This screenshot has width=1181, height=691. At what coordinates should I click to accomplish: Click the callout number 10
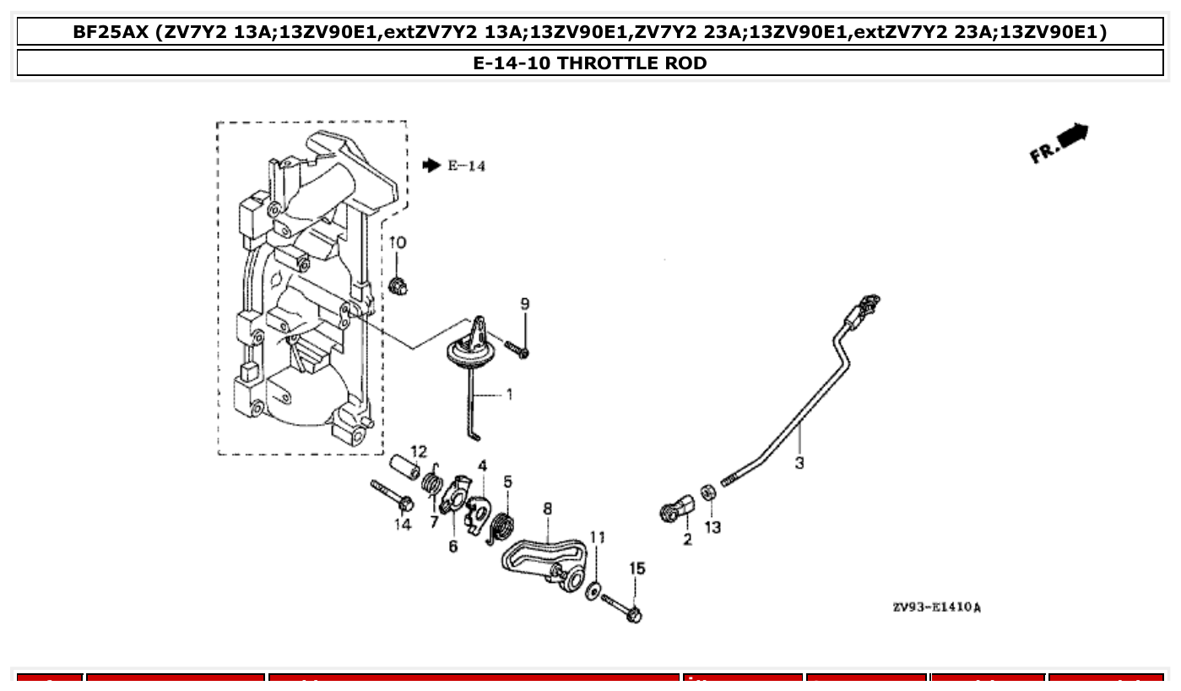398,243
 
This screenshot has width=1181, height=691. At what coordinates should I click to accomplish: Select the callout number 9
525,303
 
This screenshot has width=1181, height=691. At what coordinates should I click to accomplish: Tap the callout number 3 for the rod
799,462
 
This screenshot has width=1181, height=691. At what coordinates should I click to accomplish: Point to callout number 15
637,569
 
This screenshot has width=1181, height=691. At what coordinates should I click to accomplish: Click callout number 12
419,451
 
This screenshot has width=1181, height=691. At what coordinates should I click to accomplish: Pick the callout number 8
548,509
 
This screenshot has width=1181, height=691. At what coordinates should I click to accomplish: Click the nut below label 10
397,286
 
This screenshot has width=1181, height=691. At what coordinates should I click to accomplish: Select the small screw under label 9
517,348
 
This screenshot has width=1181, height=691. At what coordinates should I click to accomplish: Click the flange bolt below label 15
621,607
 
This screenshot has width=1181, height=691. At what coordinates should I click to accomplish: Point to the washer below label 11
593,589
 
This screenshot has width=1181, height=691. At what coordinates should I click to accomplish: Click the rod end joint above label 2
676,510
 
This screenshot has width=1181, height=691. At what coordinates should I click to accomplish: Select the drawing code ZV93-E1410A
936,607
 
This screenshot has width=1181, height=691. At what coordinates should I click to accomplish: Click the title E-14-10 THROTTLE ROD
590,63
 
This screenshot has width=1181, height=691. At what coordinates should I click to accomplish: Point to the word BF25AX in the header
110,33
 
